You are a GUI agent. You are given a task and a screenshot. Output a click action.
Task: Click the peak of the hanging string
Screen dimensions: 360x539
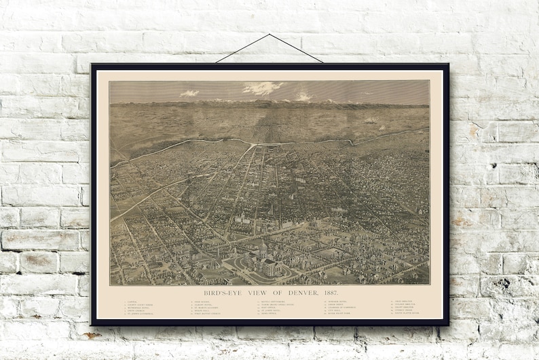(269, 35)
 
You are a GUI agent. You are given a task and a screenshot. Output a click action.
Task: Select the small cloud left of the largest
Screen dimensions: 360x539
(189, 93)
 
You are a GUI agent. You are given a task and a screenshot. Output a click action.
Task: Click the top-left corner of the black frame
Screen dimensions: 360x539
(92, 65)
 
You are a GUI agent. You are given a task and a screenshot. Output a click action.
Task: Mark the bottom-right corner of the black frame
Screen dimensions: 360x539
(449, 325)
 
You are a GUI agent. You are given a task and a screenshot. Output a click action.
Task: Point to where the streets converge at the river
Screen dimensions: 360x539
(255, 145)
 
